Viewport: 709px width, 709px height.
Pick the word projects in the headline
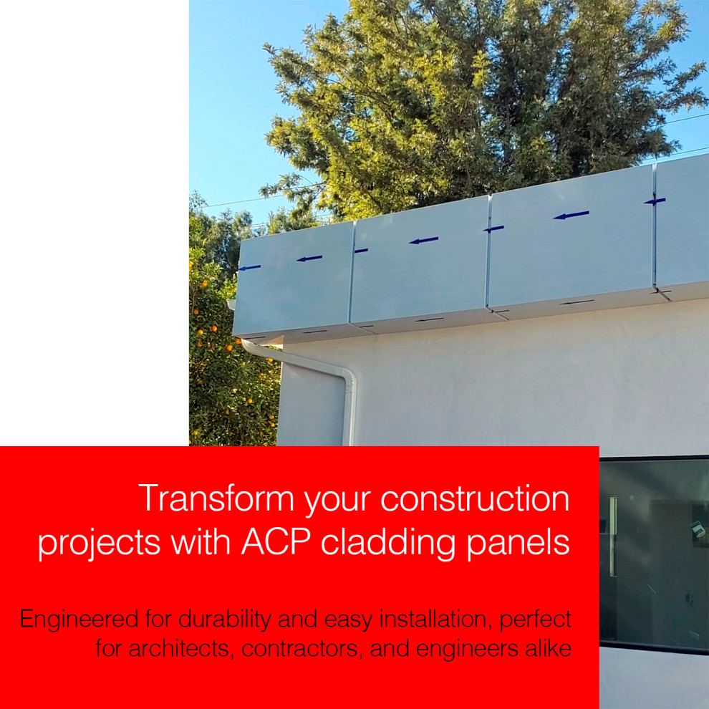(99, 544)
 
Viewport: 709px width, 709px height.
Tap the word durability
(224, 619)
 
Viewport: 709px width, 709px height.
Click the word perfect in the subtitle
(536, 619)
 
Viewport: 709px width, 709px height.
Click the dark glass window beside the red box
(654, 554)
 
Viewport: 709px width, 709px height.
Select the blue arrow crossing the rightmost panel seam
(655, 201)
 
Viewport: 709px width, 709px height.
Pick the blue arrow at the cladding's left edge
(250, 268)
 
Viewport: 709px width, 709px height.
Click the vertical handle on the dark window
(613, 536)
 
